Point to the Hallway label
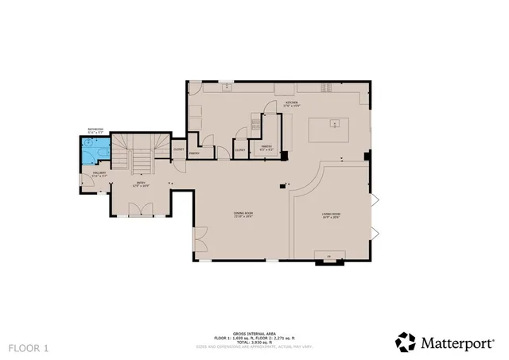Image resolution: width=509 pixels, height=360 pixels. point(99,174)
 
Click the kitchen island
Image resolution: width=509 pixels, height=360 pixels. point(335,125)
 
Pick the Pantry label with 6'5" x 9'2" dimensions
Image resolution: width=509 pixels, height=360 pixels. point(266,148)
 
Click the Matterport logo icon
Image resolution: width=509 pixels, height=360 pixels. point(406,343)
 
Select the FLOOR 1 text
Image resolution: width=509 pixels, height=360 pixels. point(29,348)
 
